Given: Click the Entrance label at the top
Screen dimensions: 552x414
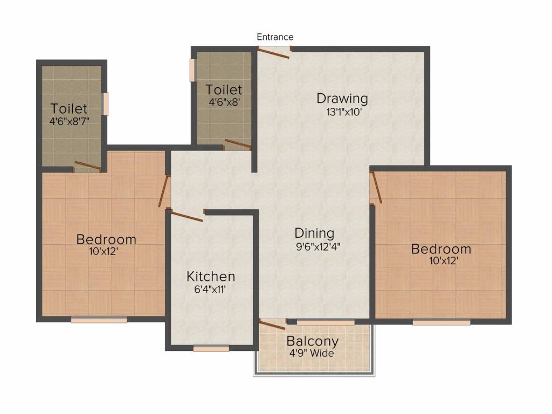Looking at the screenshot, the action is (275, 37).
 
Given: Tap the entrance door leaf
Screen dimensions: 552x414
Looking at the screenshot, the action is (273, 52).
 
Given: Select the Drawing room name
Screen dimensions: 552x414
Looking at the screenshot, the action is (342, 99).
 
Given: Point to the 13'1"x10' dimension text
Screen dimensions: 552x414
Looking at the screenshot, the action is (344, 112).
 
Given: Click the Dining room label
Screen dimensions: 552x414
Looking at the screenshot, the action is (314, 233).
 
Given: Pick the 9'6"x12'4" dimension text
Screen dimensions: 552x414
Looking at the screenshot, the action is (318, 246).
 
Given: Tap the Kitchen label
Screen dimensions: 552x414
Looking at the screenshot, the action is (211, 277).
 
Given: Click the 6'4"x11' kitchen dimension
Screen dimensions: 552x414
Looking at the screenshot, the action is (210, 289).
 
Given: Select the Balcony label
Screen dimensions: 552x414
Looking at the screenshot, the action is (313, 341).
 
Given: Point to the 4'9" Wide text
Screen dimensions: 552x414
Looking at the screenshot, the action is (312, 353).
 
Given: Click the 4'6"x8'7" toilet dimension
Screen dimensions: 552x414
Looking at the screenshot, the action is (70, 122).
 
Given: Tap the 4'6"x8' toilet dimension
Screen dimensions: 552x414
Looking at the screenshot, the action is (224, 102).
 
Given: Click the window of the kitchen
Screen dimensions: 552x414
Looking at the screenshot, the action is (211, 349).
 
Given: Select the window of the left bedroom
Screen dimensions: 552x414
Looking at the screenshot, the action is (99, 320).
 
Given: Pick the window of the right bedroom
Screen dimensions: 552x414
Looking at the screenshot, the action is (441, 322).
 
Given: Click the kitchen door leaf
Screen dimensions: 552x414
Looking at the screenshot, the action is (186, 216).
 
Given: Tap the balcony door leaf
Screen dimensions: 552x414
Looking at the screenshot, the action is (272, 325).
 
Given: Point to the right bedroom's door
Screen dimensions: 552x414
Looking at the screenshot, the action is (376, 187).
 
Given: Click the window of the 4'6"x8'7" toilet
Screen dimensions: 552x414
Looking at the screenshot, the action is (105, 103).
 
